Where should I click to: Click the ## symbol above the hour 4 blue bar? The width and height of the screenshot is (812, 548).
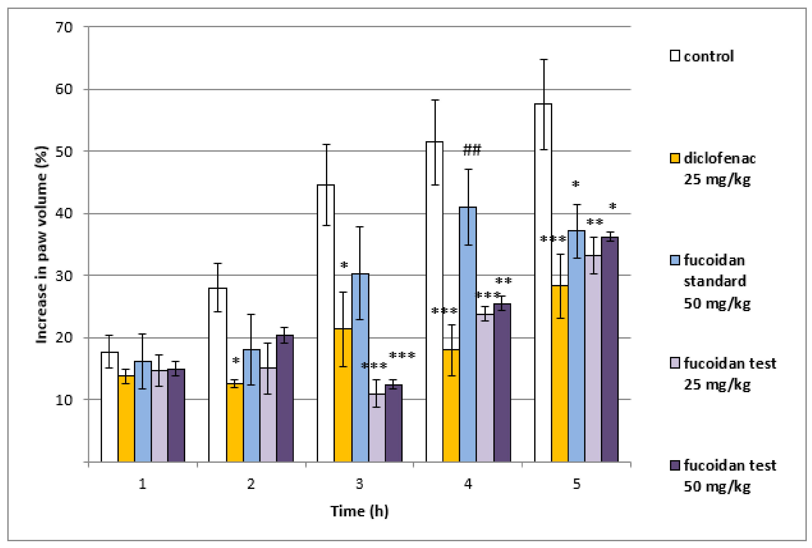coord(472,150)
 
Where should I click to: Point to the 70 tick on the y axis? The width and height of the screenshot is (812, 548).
coord(64,27)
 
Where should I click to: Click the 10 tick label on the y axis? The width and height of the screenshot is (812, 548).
coord(64,399)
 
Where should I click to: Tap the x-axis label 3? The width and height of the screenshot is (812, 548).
coord(359,484)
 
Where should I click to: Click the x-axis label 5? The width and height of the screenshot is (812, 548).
coord(577,484)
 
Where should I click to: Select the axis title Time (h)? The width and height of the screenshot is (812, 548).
coord(359,511)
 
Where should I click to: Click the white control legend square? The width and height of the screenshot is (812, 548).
coord(675,56)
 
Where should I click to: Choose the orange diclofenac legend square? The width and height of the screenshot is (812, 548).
coord(675,158)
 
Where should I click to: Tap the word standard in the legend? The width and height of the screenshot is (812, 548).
coord(714,281)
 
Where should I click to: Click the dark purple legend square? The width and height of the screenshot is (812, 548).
coord(675,465)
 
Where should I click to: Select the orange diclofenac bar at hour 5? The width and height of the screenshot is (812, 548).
coord(560,374)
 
